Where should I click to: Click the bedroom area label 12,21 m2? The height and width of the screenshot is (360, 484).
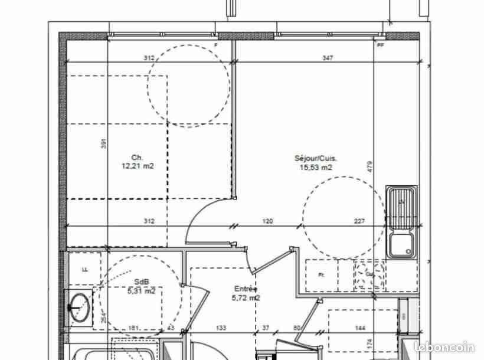tap(137, 166)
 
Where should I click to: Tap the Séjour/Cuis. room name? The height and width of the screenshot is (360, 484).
tap(316, 158)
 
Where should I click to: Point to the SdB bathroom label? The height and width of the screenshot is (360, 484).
tap(140, 282)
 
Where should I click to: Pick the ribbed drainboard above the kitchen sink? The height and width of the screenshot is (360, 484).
tap(403, 207)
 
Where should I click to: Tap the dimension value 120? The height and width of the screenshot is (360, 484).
tap(268, 222)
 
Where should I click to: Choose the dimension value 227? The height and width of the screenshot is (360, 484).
tap(359, 222)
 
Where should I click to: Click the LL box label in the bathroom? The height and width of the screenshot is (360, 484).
tap(84, 269)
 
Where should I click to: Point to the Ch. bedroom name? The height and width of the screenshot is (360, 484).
tap(137, 158)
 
